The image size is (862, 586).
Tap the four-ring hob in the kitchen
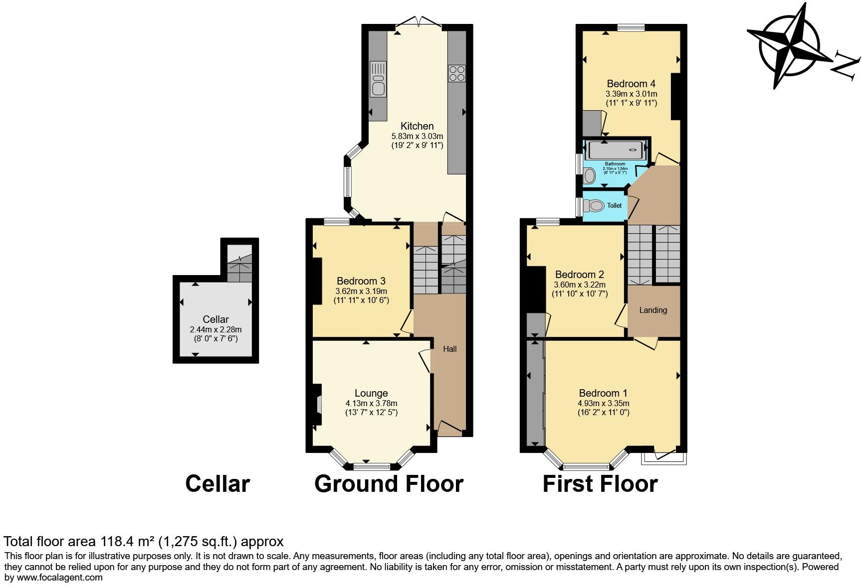[457, 74]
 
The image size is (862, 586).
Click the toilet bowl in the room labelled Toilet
[594, 205]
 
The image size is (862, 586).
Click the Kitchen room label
[417, 126]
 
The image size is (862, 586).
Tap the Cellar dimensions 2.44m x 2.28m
[215, 329]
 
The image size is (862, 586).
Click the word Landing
[653, 310]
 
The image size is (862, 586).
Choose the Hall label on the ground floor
[450, 349]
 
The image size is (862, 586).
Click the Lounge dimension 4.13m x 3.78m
[371, 403]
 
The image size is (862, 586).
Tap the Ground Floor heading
[389, 483]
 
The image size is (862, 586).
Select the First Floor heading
[600, 483]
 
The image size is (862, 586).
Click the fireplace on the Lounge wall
[317, 404]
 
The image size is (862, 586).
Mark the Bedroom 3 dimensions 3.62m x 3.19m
[361, 291]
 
